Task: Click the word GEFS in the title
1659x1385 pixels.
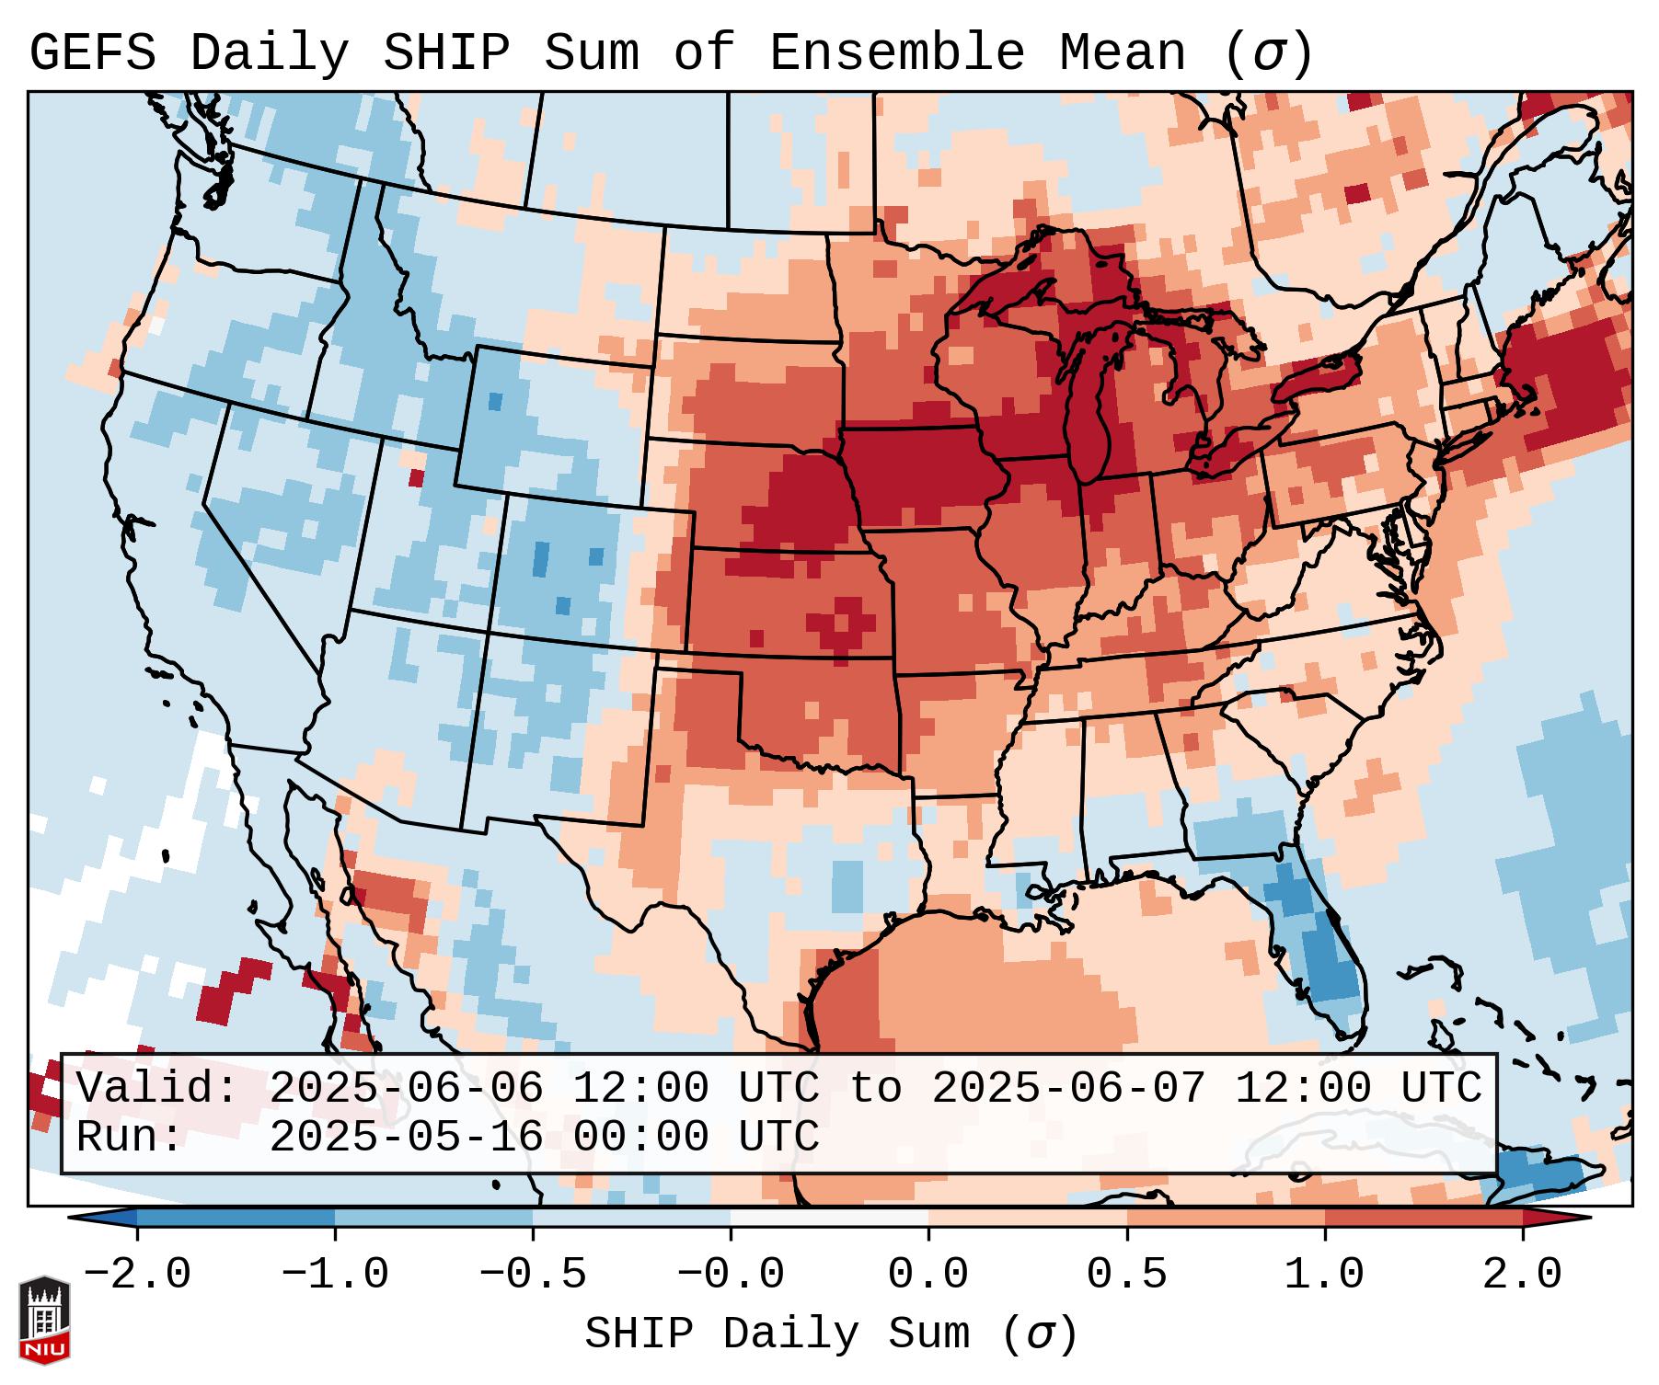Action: pos(92,53)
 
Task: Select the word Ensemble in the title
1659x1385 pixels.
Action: pos(896,53)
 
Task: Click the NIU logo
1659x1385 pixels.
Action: pos(44,1320)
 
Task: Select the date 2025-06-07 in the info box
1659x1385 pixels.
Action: pos(1068,1089)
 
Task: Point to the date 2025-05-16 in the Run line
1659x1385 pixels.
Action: pos(406,1138)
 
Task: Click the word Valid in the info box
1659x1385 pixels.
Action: pos(156,1089)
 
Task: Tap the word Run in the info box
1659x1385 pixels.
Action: pos(129,1138)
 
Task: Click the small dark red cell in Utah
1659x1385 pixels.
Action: pos(416,478)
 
